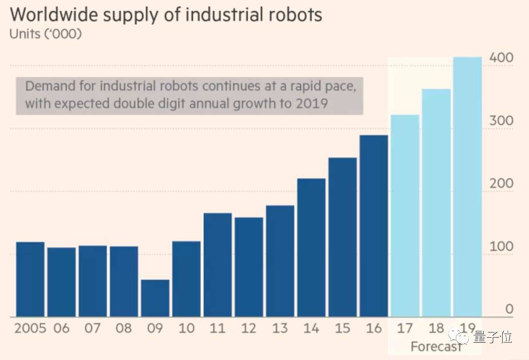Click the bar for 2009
coord(155,298)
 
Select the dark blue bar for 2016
coord(374,226)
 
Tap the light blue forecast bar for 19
coord(467,186)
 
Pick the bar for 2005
coord(30,279)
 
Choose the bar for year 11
coord(218,264)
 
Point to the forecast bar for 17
coord(405,215)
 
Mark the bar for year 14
coord(311,247)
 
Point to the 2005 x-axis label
coord(30,329)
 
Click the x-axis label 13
coord(280,329)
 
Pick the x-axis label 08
coord(124,329)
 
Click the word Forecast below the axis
coord(435,347)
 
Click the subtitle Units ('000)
coord(46,34)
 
